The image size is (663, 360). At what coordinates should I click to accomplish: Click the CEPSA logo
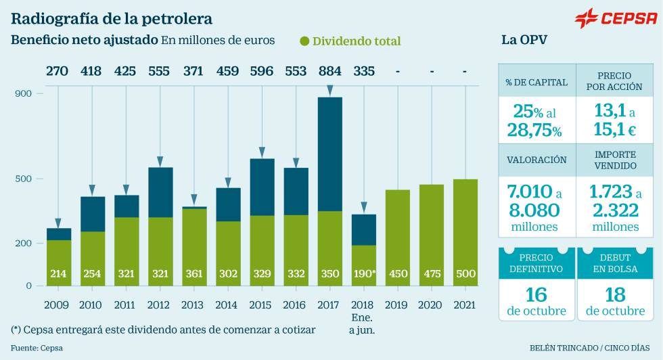pos(615,18)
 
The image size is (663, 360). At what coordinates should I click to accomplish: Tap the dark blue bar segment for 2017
pos(329,154)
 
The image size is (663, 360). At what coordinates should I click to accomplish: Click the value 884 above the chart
pos(329,70)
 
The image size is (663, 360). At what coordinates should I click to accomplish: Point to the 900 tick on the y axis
pos(24,93)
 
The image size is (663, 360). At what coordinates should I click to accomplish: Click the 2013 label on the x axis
pos(193,305)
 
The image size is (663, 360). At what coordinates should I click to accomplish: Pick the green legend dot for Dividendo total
pos(304,41)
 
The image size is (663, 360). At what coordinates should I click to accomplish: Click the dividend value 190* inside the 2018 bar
pos(364,274)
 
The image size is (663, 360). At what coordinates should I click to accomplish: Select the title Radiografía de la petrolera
pos(112,18)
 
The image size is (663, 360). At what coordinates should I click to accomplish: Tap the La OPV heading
pos(524,40)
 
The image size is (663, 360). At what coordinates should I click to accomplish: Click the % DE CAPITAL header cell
pos(536,83)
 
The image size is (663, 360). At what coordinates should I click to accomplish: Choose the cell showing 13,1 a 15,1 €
pos(616,119)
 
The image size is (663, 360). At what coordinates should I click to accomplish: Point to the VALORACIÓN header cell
pos(536,160)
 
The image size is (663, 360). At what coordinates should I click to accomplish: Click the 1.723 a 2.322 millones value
pos(616,208)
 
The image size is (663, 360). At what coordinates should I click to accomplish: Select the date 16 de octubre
pos(536,301)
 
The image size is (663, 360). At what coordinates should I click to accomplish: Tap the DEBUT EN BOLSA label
pos(616,263)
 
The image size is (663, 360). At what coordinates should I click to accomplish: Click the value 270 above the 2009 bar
pos(57,70)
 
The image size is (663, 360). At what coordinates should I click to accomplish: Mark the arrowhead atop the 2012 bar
pos(160,162)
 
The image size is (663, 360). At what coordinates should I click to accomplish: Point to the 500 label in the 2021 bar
pos(465,274)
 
